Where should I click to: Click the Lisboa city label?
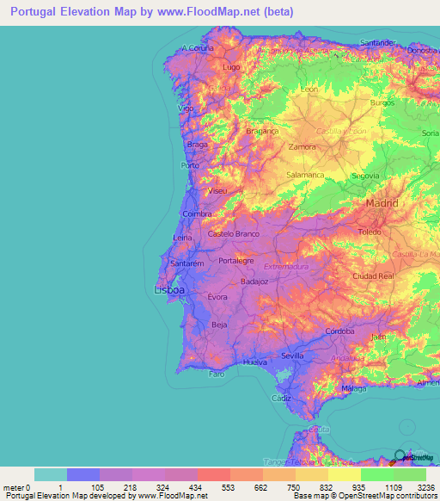click(169, 290)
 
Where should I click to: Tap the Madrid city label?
click(382, 203)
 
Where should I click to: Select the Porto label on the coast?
click(190, 164)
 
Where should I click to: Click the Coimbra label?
click(197, 214)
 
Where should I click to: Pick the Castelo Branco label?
click(234, 234)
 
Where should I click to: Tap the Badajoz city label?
click(255, 281)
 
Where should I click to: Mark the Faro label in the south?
click(217, 374)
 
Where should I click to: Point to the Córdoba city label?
click(340, 331)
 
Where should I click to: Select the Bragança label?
click(263, 132)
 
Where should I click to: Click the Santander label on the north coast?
click(377, 42)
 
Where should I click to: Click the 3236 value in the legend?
click(425, 486)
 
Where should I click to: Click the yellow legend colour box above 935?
click(344, 474)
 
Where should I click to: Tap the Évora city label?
click(217, 297)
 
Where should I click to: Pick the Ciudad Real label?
click(373, 276)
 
